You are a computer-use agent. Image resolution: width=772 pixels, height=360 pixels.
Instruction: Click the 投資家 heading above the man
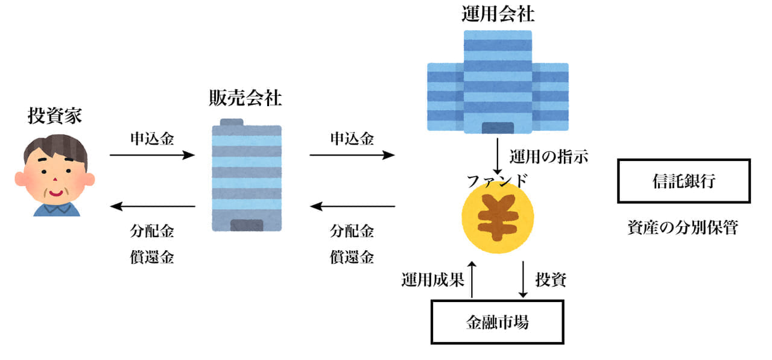(x=55, y=116)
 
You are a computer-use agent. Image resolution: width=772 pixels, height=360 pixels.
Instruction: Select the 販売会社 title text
(x=245, y=98)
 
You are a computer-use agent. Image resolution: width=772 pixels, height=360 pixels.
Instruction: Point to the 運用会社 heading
(x=498, y=14)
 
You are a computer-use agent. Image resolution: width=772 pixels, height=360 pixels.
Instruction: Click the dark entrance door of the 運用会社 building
(x=498, y=127)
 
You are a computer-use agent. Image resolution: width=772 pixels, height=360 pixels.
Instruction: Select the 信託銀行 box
(x=683, y=181)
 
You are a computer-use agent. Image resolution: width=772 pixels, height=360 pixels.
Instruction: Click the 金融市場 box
(x=498, y=322)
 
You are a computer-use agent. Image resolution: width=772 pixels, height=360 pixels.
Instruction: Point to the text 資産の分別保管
(x=682, y=228)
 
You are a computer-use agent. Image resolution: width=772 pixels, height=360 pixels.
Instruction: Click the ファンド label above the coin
(x=497, y=180)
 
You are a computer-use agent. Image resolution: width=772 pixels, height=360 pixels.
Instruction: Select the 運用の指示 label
(x=548, y=157)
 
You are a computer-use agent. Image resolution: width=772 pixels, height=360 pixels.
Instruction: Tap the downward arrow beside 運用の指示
(x=498, y=157)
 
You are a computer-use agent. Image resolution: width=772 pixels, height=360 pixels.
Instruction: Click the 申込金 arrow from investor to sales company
(x=152, y=155)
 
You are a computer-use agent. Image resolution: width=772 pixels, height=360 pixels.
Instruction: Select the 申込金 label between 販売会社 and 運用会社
(x=352, y=139)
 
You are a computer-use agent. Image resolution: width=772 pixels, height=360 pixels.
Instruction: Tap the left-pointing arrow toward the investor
(x=152, y=207)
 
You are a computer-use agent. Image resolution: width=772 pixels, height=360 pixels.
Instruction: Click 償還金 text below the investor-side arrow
(x=152, y=257)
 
